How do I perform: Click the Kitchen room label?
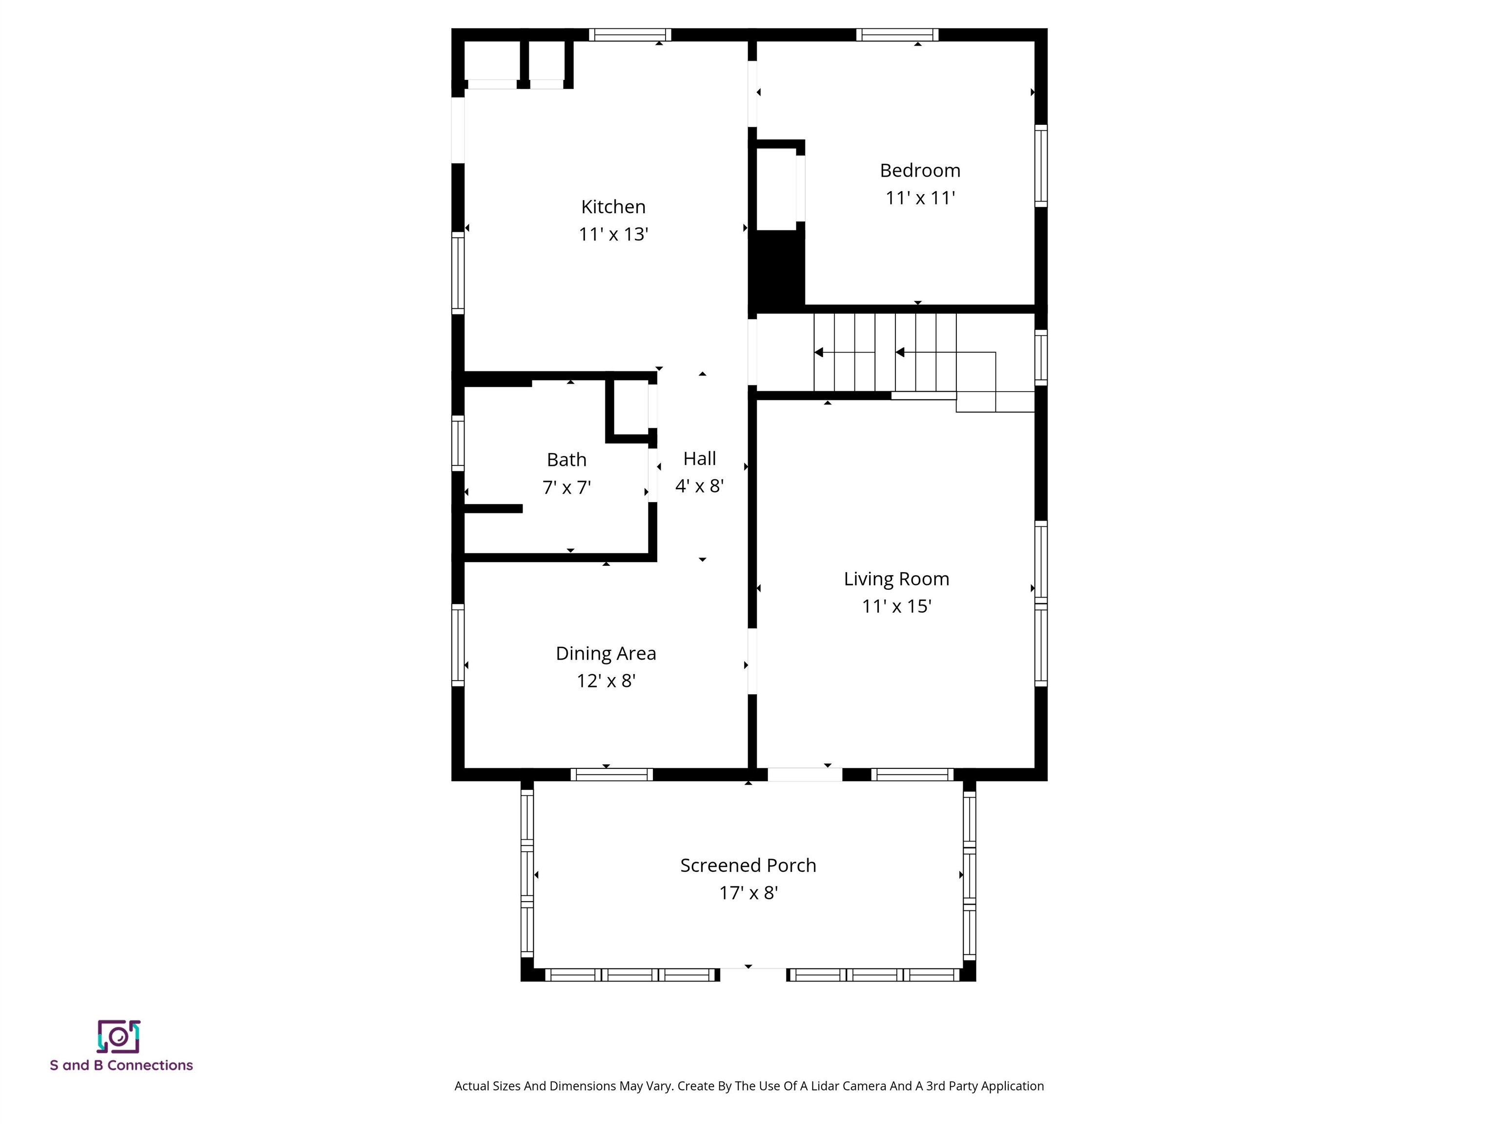pos(613,207)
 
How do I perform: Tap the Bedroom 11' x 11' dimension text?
pos(920,198)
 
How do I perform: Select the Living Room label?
pos(896,579)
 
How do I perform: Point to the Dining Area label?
pos(606,653)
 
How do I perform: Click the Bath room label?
pos(567,460)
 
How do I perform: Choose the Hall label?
pos(699,459)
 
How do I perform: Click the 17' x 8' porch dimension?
pos(748,893)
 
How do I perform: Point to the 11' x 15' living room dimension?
pos(896,606)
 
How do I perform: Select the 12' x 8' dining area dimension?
pos(606,681)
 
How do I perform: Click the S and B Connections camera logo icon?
pos(119,1037)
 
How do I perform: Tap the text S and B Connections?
pos(122,1065)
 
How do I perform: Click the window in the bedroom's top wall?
pos(897,35)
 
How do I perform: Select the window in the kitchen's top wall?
pos(629,35)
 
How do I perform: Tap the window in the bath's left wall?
pos(458,443)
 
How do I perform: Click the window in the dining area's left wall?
pos(458,644)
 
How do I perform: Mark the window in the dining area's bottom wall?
pos(611,774)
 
